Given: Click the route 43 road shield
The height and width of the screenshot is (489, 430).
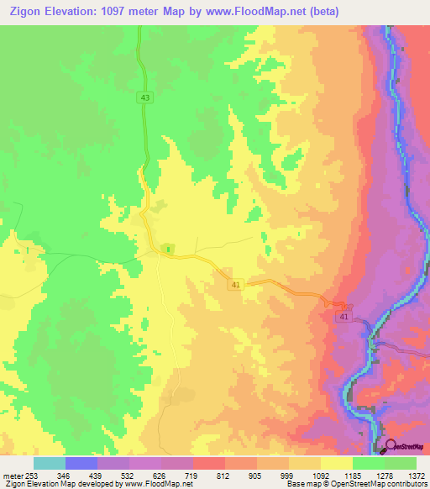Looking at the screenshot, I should click(x=146, y=98).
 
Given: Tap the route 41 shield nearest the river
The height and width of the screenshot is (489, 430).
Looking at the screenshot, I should click(x=344, y=316).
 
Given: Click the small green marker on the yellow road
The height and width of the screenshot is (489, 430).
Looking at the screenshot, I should click(x=169, y=249).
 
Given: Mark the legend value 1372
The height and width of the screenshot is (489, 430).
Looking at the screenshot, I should click(x=417, y=476).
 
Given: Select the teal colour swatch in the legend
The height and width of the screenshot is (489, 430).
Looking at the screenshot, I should click(x=50, y=463).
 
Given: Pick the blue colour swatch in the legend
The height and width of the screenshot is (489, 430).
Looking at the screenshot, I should click(x=81, y=463).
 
